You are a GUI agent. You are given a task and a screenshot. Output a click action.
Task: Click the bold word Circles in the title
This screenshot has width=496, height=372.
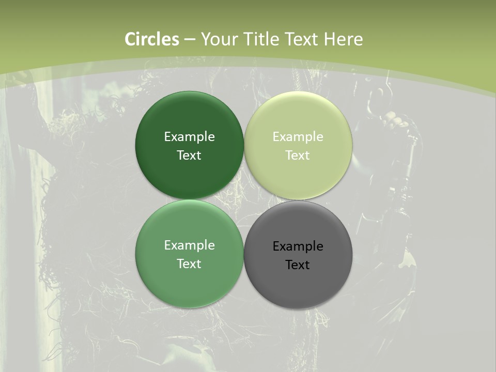tap(152, 39)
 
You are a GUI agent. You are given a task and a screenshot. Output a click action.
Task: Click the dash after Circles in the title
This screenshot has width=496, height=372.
tap(190, 40)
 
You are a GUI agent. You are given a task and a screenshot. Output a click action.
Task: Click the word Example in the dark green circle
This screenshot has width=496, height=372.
tap(189, 137)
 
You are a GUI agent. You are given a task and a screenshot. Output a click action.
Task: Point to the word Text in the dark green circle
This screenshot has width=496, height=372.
tap(189, 156)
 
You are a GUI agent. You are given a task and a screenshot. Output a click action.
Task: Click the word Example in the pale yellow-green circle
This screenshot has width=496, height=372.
tap(298, 137)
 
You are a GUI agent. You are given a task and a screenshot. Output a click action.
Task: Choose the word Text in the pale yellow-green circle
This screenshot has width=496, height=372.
tap(298, 156)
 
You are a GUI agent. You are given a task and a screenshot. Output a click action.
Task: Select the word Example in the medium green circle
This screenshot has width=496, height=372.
tap(189, 245)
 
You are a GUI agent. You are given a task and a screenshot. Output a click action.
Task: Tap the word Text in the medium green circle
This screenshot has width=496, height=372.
tap(189, 264)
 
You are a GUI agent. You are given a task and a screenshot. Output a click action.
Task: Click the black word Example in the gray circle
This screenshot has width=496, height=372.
tap(298, 246)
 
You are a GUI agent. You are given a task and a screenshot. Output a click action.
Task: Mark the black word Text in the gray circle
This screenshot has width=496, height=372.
tap(298, 265)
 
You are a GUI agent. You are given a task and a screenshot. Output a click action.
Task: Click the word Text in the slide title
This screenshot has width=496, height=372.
tap(302, 39)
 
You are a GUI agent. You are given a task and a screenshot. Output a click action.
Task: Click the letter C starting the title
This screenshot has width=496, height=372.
tap(130, 39)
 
